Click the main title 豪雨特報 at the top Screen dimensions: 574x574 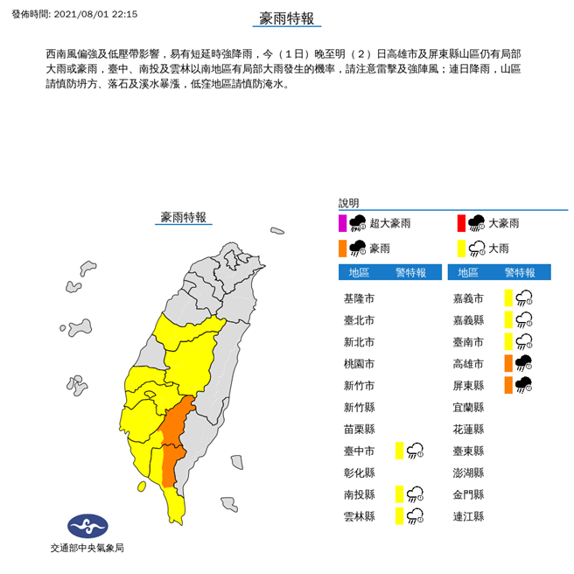[x=287, y=19]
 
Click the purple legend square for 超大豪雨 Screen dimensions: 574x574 [x=343, y=223]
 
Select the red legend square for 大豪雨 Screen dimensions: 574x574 [x=461, y=223]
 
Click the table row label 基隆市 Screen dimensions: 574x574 [x=359, y=298]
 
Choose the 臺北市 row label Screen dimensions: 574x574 [x=359, y=320]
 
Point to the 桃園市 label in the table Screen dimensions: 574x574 [x=359, y=363]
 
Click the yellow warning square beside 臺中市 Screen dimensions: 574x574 [x=399, y=451]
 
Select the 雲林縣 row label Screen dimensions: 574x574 [x=359, y=516]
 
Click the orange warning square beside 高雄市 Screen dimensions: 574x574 [x=507, y=363]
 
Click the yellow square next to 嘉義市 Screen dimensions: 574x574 [x=507, y=298]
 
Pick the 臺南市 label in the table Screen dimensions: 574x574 [x=468, y=341]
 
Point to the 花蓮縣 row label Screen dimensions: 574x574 [x=468, y=429]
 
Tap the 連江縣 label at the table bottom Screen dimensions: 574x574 [x=468, y=516]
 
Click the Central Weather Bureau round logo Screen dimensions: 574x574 [x=87, y=527]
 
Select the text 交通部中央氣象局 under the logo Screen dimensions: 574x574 [x=87, y=549]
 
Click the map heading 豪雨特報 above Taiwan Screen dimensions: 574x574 [x=184, y=217]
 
